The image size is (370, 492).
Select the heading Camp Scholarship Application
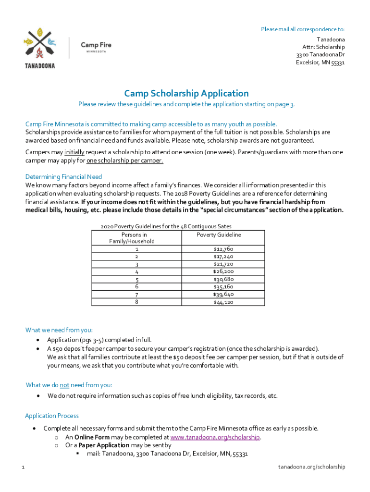pos(186,93)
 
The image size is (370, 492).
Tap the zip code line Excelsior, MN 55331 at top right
pos(320,62)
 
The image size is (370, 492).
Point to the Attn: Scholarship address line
pos(323,47)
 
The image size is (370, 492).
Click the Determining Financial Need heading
pos(63,177)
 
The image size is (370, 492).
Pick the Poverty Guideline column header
pos(219,235)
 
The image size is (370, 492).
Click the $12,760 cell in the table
pos(223,249)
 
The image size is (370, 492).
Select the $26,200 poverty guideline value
pos(223,271)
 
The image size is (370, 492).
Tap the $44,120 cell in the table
pos(223,302)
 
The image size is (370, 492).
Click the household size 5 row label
pos(137,280)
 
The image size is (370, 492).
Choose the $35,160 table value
pos(223,287)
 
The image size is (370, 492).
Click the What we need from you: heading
pos(59,330)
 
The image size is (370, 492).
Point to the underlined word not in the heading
pos(64,385)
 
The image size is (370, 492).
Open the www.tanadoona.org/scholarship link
pos(215,437)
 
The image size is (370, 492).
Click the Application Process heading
pos(51,416)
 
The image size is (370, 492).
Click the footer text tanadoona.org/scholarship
pos(312,467)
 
